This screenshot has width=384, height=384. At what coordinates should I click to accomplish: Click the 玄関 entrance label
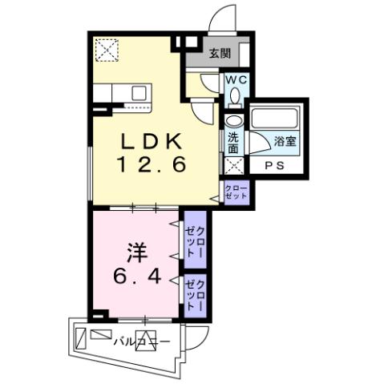220,55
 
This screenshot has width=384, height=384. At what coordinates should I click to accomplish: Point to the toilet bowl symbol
234,97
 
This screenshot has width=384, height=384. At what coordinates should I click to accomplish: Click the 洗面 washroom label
232,143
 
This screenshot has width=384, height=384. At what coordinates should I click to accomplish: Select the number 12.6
154,166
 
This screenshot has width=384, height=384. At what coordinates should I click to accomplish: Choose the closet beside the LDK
236,192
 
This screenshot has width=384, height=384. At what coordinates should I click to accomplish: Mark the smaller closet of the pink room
195,294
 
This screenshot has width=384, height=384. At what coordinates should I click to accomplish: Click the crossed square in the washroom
232,167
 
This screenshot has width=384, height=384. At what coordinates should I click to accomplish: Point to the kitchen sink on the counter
139,93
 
